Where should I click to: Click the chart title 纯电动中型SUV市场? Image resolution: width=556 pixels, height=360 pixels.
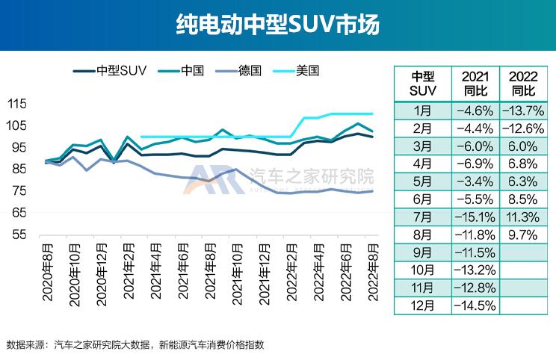click(278, 25)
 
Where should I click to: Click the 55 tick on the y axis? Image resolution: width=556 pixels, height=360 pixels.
click(19, 235)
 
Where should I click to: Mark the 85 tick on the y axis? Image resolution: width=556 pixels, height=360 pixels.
click(19, 170)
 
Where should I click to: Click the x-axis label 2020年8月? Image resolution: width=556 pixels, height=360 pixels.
click(48, 273)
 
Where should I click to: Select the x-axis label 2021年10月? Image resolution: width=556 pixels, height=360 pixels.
click(234, 273)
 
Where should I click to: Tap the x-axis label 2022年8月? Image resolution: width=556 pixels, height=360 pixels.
click(372, 273)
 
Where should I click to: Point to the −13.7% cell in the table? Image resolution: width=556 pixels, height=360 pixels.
click(523, 111)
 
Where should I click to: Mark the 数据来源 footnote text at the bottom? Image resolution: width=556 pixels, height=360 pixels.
click(135, 345)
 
